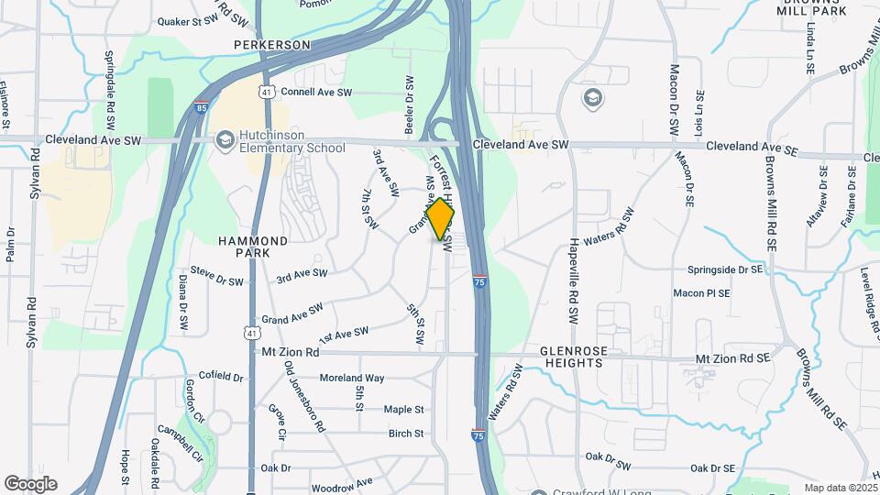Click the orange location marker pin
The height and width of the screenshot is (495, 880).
440,218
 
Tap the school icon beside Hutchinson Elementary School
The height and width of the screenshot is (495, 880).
224,140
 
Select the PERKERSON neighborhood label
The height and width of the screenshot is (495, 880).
272,44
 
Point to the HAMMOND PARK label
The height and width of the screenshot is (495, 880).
254,246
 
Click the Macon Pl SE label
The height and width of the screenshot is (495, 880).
701,293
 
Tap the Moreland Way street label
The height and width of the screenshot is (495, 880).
351,378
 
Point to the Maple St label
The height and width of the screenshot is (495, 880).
403,410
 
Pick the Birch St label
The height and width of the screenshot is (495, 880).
406,434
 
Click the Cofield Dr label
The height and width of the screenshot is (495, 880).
221,377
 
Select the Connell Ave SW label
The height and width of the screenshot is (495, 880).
316,93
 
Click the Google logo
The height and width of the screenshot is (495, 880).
30,484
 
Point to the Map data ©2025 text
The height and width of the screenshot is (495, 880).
840,488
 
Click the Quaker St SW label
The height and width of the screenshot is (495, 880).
214,19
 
